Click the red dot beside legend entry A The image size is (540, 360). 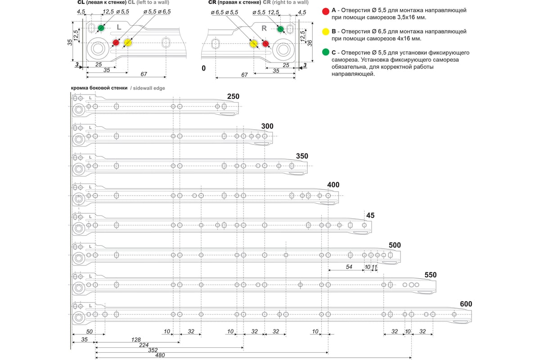point(326,10)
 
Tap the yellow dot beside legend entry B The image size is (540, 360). point(326,32)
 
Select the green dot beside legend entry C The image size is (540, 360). point(326,53)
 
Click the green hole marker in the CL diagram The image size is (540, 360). point(101,28)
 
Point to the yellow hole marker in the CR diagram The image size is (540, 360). point(253,43)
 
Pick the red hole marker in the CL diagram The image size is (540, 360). point(116,43)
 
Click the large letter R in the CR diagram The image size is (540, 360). point(265,28)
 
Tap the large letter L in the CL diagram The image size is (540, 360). point(119,27)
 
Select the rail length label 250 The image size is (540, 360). point(234,96)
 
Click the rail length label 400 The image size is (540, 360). point(333,185)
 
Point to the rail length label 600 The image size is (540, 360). point(466,304)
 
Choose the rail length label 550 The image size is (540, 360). point(431,274)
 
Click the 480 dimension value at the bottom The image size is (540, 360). point(160,355)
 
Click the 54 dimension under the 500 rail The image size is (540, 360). point(349,267)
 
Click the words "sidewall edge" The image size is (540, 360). point(149,88)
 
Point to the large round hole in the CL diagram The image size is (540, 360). point(97,47)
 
